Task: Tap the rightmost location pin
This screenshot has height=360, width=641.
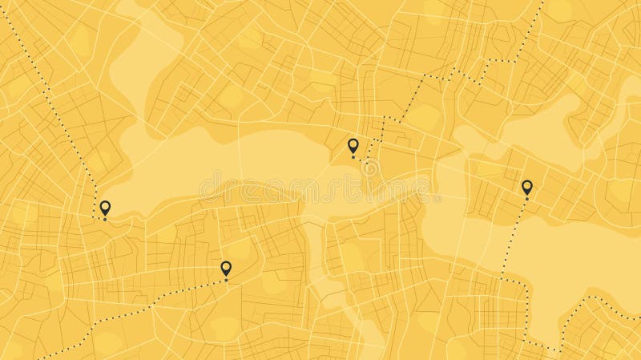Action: pyautogui.click(x=526, y=188)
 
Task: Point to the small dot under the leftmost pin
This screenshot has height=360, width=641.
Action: pyautogui.click(x=104, y=220)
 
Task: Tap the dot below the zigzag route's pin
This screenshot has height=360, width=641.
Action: pyautogui.click(x=353, y=156)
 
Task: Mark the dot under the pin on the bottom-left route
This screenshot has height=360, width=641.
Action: pyautogui.click(x=226, y=280)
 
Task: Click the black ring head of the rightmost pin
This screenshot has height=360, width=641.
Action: pyautogui.click(x=526, y=186)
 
